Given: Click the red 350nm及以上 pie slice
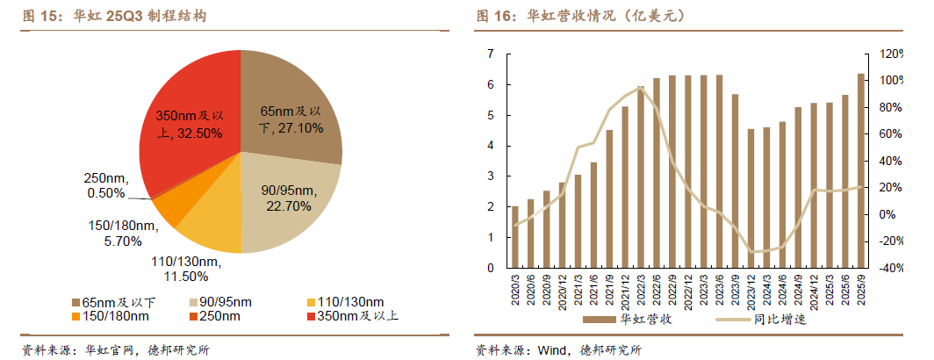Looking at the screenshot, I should point(189,97).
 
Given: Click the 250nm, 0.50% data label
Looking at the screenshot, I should point(105,184).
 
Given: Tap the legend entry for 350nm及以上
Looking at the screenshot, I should point(351,316).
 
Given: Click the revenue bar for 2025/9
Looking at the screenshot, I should point(860,171).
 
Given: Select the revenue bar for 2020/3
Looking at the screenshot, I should point(515,238).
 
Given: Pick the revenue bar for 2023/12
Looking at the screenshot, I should point(751,198).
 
